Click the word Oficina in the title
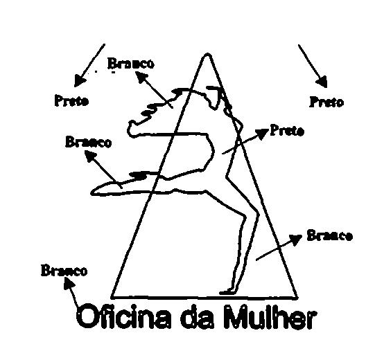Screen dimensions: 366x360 coord(123,318)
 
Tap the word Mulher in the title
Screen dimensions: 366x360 coord(270,318)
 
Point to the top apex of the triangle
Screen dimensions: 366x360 coord(207,55)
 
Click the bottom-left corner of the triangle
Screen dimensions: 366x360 coord(112,298)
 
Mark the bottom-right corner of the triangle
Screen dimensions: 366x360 coord(297,298)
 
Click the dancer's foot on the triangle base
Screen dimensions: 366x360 coord(226,292)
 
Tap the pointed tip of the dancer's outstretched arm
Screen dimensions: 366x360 coord(92,192)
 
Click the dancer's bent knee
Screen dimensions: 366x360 coord(257,214)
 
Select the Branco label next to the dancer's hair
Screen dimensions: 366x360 coord(131,63)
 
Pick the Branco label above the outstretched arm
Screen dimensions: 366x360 coord(88,143)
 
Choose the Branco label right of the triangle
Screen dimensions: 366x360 coord(329,235)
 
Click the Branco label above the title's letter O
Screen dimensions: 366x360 coord(64,271)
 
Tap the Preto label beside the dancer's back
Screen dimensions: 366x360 coord(287,131)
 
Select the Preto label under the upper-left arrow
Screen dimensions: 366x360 coord(71,100)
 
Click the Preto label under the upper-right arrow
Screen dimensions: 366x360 coord(326,102)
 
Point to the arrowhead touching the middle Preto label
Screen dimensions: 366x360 coord(262,134)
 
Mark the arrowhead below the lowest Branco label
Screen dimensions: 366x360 coord(69,283)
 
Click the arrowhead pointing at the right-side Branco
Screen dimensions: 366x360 coord(295,239)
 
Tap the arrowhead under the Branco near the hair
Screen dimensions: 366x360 coord(141,77)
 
